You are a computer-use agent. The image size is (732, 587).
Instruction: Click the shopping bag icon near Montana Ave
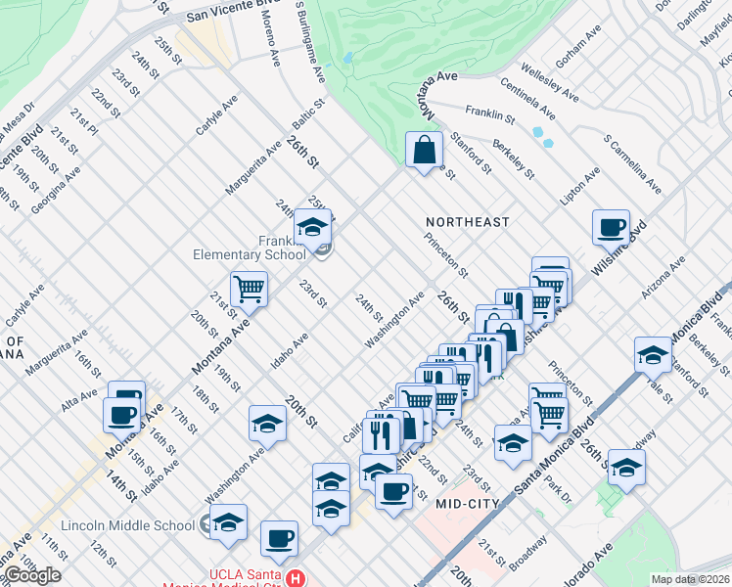click(424, 152)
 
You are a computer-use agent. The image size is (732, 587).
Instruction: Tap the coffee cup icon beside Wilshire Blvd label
click(611, 228)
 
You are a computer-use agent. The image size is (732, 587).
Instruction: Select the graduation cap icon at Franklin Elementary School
click(313, 229)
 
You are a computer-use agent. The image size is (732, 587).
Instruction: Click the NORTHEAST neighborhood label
click(467, 222)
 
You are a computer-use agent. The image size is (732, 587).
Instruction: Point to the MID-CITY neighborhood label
click(468, 503)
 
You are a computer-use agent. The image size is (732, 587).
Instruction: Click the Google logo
click(32, 575)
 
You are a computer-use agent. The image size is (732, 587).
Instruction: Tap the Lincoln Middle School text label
click(127, 525)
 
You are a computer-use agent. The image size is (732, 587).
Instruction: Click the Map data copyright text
click(690, 579)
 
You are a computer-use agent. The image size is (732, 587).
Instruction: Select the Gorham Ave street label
click(578, 51)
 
